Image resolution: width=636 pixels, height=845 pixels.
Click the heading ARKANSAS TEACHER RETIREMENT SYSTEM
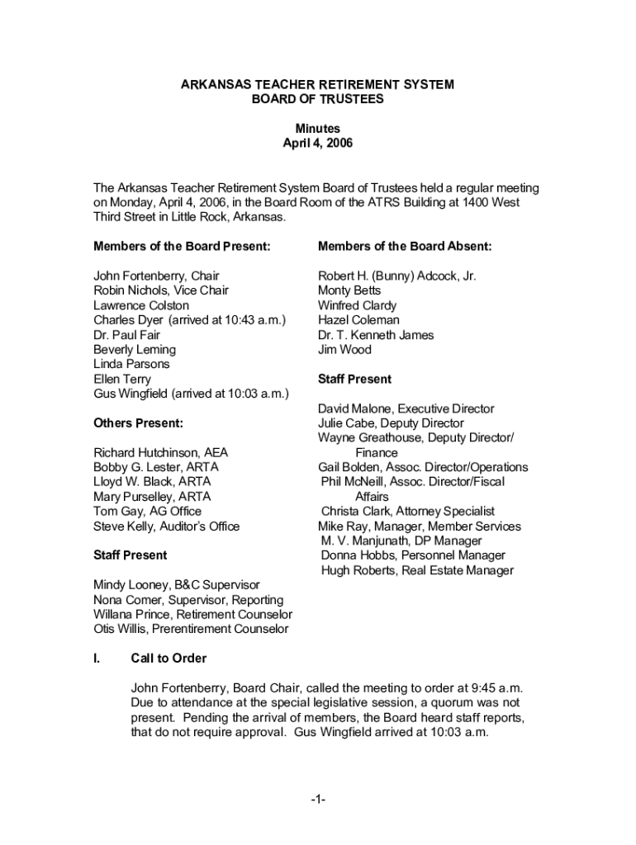[318, 85]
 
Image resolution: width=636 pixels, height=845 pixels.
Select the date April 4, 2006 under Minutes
[318, 143]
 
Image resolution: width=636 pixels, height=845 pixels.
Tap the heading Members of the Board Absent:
[405, 247]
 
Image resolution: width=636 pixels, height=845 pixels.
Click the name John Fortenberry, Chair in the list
[156, 276]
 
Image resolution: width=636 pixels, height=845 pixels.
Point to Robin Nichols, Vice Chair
[161, 290]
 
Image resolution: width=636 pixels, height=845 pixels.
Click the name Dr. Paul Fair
[127, 335]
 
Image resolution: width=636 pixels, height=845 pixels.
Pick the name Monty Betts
[349, 290]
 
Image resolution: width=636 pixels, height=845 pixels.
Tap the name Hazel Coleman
[358, 320]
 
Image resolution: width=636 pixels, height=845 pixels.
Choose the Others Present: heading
[138, 423]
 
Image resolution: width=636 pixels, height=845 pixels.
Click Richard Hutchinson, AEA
[160, 452]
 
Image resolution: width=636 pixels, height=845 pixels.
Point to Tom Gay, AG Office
[147, 512]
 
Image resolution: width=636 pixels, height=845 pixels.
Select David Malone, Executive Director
[406, 408]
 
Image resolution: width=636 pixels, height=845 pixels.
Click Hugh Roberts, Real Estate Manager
[417, 570]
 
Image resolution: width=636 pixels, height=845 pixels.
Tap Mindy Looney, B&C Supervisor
[176, 585]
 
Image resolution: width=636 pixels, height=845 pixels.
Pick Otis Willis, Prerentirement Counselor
[191, 629]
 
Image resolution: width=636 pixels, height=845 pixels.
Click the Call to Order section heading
[168, 659]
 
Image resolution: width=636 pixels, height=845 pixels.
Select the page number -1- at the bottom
[318, 800]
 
